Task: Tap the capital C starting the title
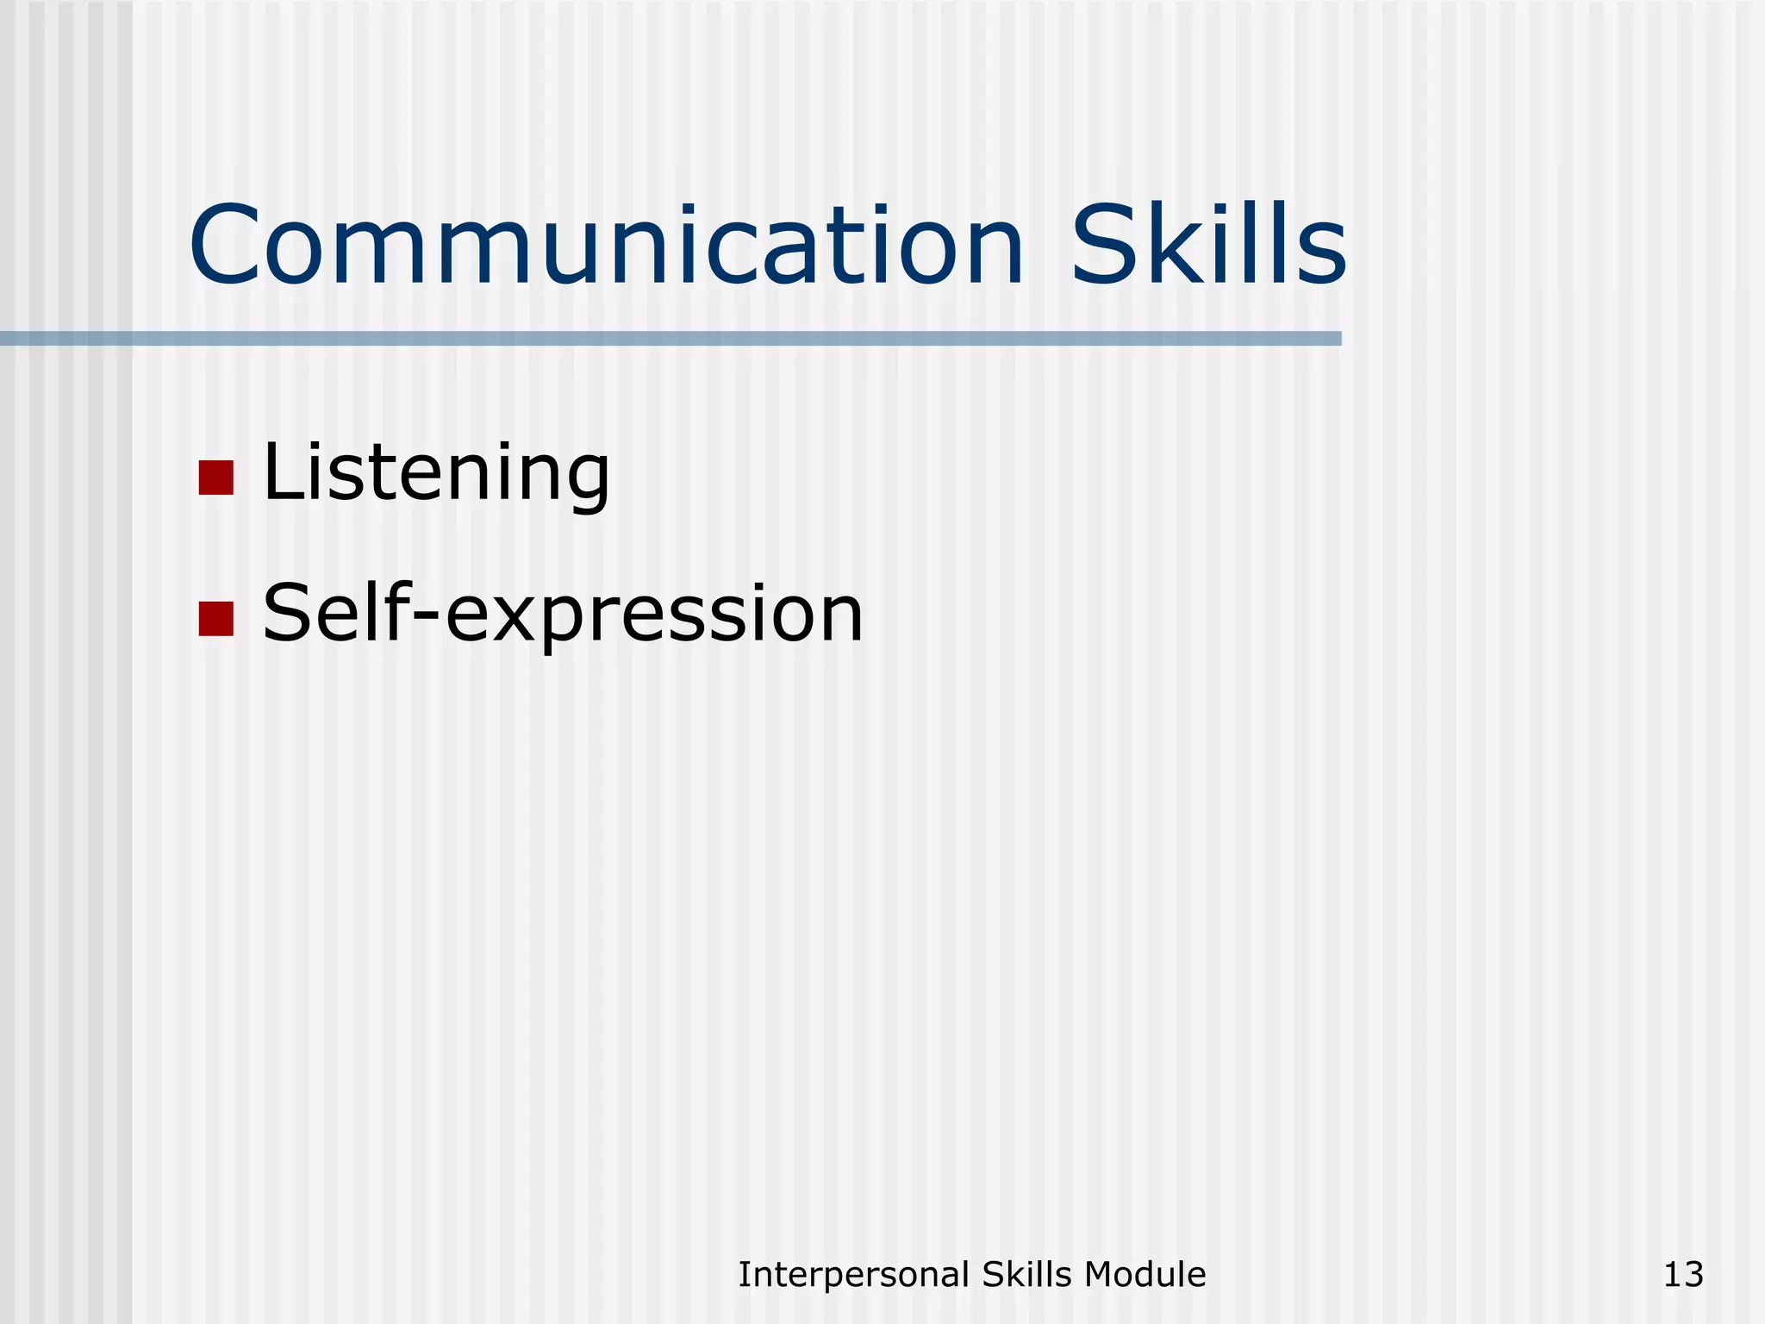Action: coord(226,247)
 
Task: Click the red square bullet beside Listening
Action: coord(215,478)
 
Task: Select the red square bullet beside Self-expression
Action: coord(215,618)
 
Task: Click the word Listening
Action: coord(436,472)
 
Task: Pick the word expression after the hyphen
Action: coord(654,615)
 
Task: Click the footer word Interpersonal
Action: coord(854,1275)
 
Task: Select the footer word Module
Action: coord(1145,1274)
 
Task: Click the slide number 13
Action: coord(1683,1274)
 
